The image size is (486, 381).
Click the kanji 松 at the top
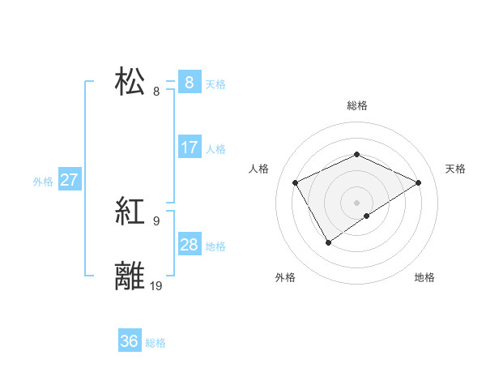coord(130,82)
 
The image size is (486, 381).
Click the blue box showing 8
coord(189,82)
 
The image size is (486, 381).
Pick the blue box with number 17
coord(189,148)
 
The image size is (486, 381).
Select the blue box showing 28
coord(189,245)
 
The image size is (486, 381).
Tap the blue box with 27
coord(69,180)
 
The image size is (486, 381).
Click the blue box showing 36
coord(130,341)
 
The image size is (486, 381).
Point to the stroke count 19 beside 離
coord(156,285)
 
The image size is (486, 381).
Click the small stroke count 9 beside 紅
coord(156,220)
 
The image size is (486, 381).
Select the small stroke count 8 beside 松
coord(156,91)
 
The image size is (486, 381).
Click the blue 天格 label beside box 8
coord(215,83)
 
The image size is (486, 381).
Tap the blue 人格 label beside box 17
coord(215,149)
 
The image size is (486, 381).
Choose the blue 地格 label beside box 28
coord(215,246)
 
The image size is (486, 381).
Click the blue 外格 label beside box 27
coord(43,182)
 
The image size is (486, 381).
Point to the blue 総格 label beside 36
coord(156,343)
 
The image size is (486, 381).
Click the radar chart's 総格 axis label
coord(356,105)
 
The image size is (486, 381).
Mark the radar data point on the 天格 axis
coord(418,182)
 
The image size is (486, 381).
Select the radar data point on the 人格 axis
coord(296,182)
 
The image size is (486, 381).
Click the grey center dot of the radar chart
coord(356,202)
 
